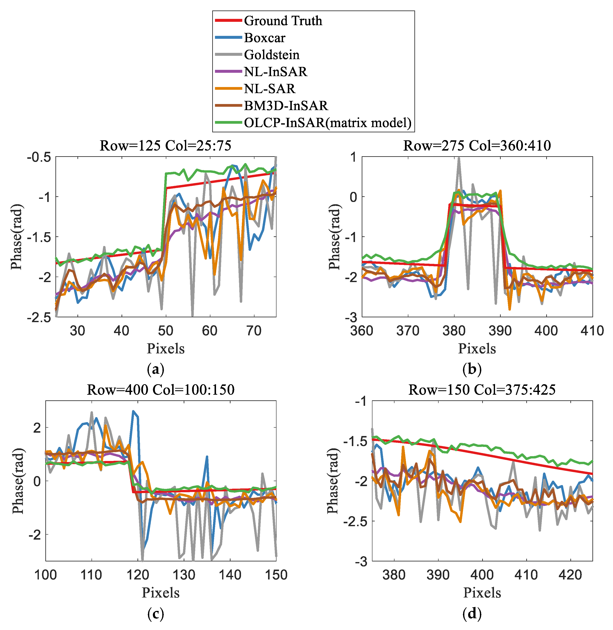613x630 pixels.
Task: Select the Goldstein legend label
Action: pyautogui.click(x=271, y=55)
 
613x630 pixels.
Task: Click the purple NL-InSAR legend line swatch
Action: pyautogui.click(x=228, y=71)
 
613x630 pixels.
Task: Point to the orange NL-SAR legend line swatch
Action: pyautogui.click(x=228, y=89)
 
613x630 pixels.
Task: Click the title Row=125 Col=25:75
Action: pyautogui.click(x=165, y=146)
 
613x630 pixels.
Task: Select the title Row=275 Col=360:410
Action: pyautogui.click(x=477, y=146)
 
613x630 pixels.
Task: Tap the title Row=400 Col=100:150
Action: pyautogui.click(x=161, y=390)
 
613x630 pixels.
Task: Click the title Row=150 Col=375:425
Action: pyautogui.click(x=482, y=390)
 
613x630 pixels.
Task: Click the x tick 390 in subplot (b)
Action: pyautogui.click(x=500, y=331)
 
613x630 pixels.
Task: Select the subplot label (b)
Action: pyautogui.click(x=472, y=370)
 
